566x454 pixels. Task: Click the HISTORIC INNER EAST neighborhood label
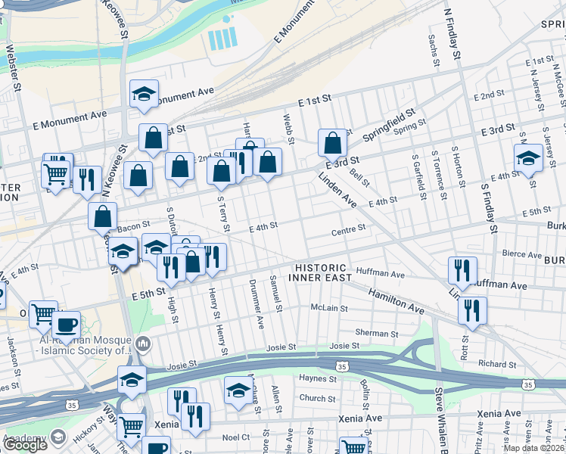(321, 273)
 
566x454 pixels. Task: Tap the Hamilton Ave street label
(397, 300)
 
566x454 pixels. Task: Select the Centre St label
(348, 227)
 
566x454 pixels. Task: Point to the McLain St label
(329, 308)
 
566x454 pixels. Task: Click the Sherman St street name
(377, 333)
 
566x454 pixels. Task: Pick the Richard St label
(497, 364)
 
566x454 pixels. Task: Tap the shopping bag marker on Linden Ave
(332, 141)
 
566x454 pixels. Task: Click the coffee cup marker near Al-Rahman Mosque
(67, 324)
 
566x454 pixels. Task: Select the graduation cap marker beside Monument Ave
(143, 93)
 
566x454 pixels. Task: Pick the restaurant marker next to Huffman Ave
(461, 269)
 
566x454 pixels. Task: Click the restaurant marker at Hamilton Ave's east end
(472, 310)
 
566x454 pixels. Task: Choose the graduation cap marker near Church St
(238, 390)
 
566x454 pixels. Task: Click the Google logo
(25, 445)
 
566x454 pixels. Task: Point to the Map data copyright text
(534, 447)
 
